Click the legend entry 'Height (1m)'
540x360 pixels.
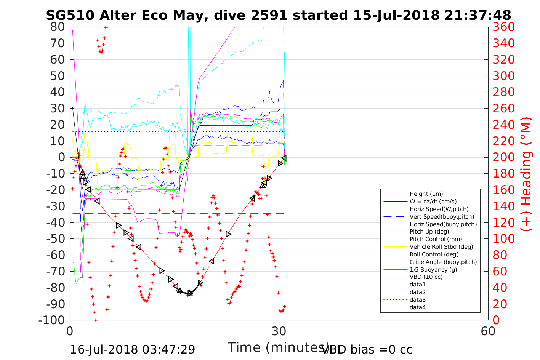[x=426, y=194]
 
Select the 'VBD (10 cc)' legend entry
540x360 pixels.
[x=426, y=277]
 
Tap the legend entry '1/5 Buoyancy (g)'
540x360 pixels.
[x=433, y=269]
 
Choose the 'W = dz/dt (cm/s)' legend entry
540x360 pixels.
[x=433, y=202]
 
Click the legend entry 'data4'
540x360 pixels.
[x=417, y=307]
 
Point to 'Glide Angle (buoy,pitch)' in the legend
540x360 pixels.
[x=443, y=262]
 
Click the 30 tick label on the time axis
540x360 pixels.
[x=279, y=331]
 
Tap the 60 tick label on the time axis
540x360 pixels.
[x=488, y=331]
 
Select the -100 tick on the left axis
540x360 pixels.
[x=52, y=320]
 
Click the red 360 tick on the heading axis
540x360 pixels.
[x=503, y=27]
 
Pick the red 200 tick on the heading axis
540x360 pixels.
[x=503, y=157]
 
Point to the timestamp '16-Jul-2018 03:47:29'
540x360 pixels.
[x=133, y=349]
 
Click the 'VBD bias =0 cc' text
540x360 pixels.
[x=367, y=349]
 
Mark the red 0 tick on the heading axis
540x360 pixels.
[x=496, y=320]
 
